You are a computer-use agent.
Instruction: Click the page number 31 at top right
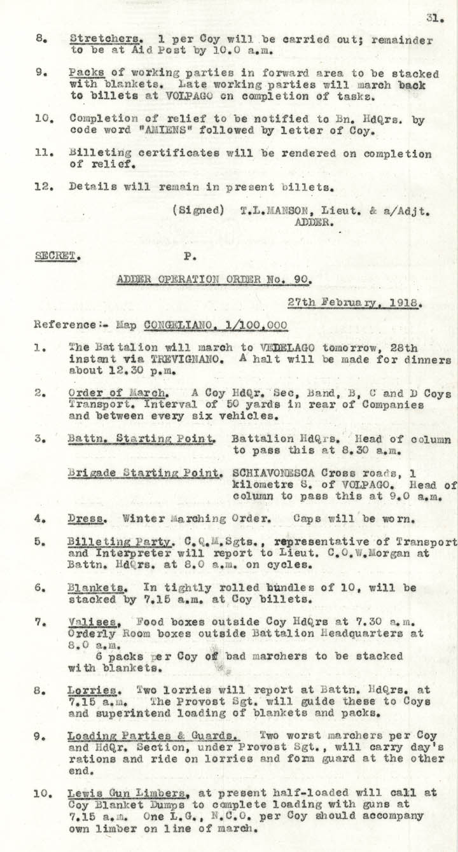[x=435, y=19]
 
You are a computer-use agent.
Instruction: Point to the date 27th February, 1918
[x=354, y=304]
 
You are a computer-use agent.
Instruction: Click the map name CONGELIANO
[x=181, y=325]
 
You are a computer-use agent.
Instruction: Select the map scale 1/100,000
[x=254, y=325]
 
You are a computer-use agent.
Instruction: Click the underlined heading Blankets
[x=92, y=587]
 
